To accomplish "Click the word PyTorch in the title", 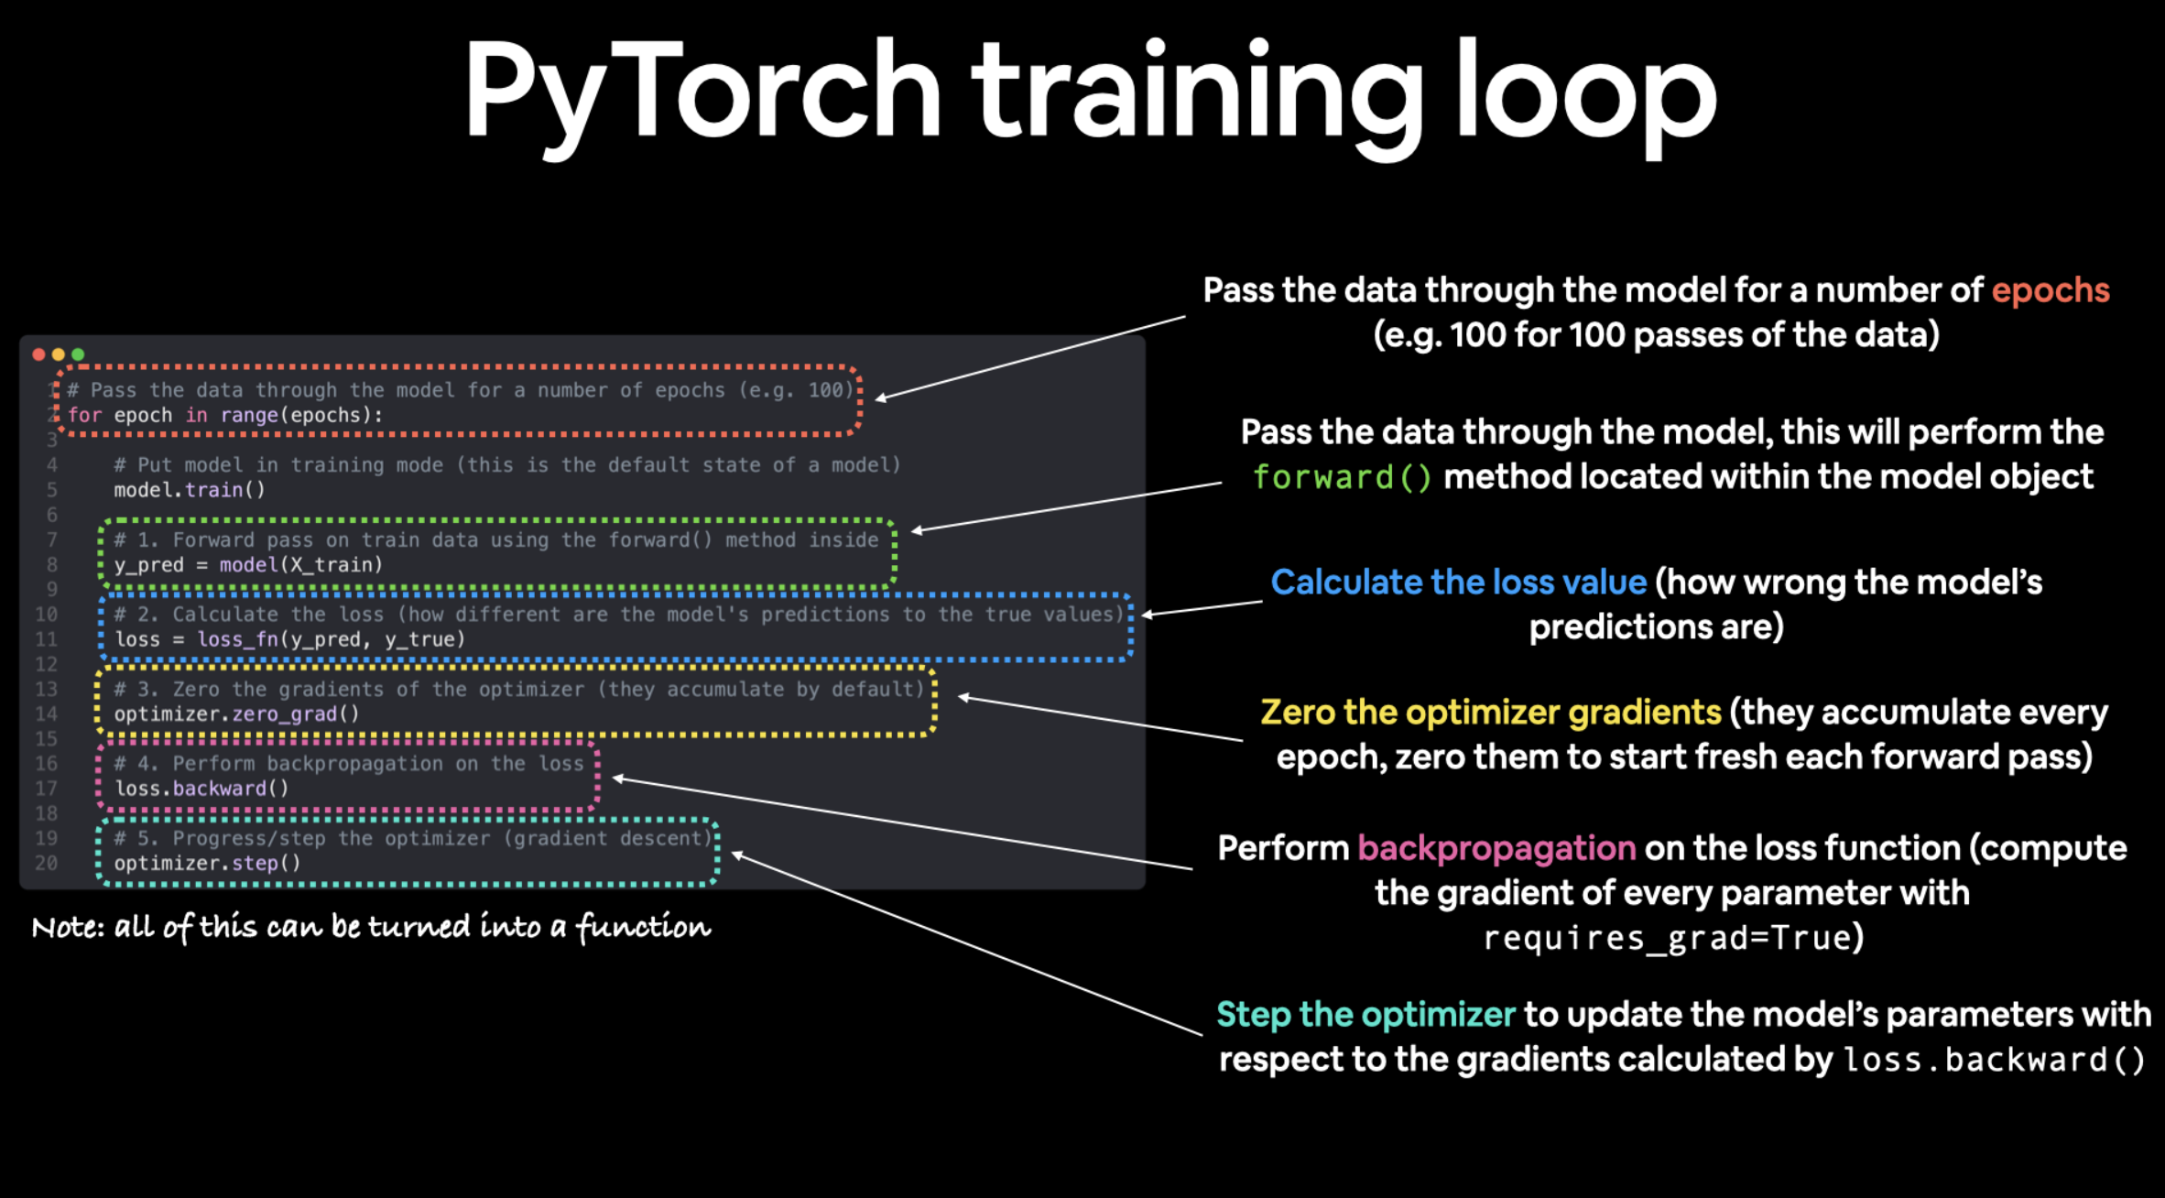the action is coord(701,92).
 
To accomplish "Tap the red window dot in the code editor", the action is coord(38,354).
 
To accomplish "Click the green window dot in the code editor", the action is coord(78,354).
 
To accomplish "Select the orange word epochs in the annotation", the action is coord(2051,290).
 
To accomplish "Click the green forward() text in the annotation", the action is coord(1342,477).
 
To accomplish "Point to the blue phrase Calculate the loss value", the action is coord(1458,583).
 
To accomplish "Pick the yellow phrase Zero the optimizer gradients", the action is coord(1490,713).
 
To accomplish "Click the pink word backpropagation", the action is coord(1496,848).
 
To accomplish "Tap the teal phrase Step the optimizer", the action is coord(1365,1015).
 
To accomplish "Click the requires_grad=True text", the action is coord(1673,938).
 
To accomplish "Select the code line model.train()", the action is coord(190,490).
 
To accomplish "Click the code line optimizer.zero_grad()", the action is coord(236,714).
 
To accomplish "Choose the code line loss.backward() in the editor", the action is coord(201,789).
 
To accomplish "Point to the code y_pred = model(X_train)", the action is coord(248,565).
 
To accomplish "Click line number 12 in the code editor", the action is coord(46,664).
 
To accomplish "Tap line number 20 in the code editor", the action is coord(46,864).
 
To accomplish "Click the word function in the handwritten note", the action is coord(643,928).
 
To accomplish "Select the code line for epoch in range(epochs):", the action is coord(225,416).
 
